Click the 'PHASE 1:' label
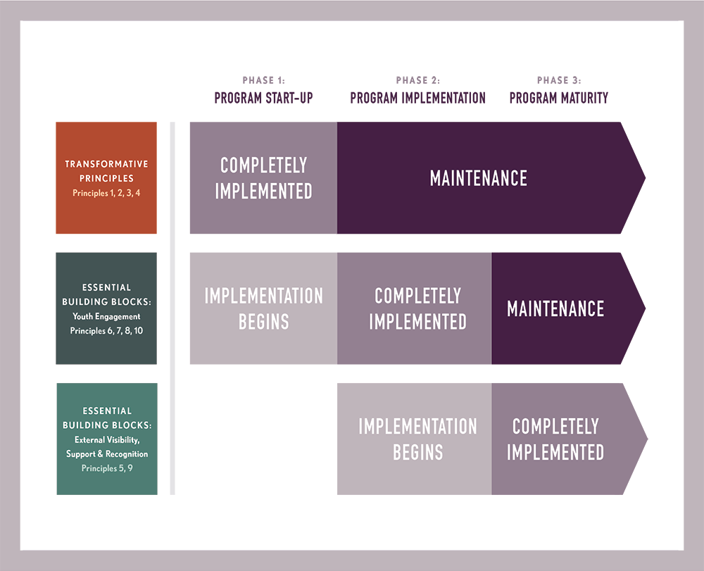(x=263, y=81)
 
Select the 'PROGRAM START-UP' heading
(x=263, y=98)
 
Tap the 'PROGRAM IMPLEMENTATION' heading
(x=417, y=98)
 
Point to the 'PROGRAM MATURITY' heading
(x=559, y=98)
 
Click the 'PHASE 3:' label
(x=559, y=81)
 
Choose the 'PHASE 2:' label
(x=417, y=81)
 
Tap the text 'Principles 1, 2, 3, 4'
(x=106, y=192)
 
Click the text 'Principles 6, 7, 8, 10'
(x=106, y=330)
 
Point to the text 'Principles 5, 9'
(x=106, y=468)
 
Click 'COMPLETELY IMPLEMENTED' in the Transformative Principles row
(x=263, y=177)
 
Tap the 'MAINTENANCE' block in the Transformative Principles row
(x=479, y=177)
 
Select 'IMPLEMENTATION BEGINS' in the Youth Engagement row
(x=263, y=308)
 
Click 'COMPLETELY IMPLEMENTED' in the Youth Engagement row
(x=417, y=308)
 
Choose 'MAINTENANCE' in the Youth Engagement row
(x=555, y=308)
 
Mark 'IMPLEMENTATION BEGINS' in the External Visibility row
(x=417, y=439)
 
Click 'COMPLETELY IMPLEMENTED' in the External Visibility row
(x=555, y=439)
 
